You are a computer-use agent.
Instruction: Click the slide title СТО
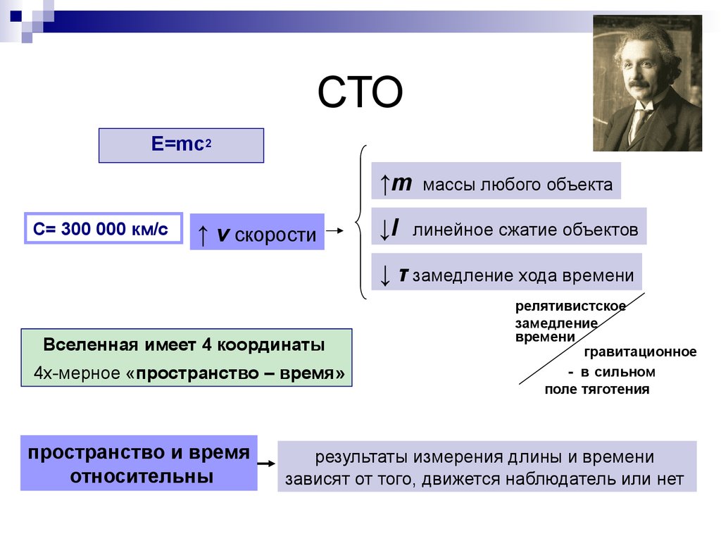pyautogui.click(x=360, y=92)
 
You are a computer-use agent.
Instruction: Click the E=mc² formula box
pyautogui.click(x=181, y=145)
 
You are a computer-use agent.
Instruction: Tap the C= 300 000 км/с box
pyautogui.click(x=104, y=228)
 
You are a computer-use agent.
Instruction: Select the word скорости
pyautogui.click(x=275, y=235)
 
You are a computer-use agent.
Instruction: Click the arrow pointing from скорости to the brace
pyautogui.click(x=334, y=230)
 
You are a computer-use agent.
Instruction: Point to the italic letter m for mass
pyautogui.click(x=401, y=184)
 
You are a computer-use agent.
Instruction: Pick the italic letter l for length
pyautogui.click(x=394, y=228)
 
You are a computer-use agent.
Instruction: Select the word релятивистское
pyautogui.click(x=570, y=306)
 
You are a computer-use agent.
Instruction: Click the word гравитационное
pyautogui.click(x=640, y=352)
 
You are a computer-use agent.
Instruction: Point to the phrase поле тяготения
pyautogui.click(x=597, y=389)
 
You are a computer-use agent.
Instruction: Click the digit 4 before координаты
pyautogui.click(x=206, y=344)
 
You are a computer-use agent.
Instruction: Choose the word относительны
pyautogui.click(x=142, y=476)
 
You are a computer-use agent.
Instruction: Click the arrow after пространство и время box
pyautogui.click(x=266, y=464)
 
